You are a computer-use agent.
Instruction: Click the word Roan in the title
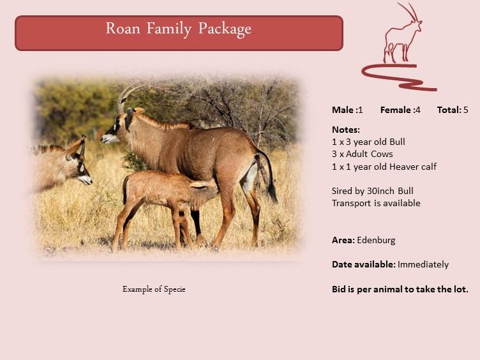click(123, 28)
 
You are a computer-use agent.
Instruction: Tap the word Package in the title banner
click(225, 30)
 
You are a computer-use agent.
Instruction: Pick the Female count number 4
click(418, 110)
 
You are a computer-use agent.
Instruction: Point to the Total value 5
click(465, 110)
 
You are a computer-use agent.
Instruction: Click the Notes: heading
click(346, 130)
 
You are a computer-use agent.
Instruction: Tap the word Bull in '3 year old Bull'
click(397, 142)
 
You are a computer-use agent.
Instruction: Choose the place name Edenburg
click(376, 240)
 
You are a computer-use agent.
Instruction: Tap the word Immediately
click(423, 264)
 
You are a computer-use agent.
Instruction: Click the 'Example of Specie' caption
click(154, 289)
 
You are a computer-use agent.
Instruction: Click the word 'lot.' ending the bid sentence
click(461, 289)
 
